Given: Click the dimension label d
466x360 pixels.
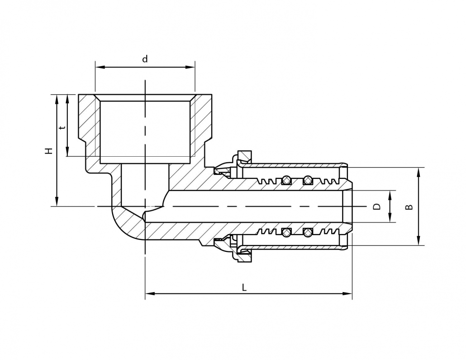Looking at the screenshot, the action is (x=145, y=59).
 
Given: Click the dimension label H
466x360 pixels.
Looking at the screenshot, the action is (x=49, y=150).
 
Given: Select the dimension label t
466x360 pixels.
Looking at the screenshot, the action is (x=62, y=128).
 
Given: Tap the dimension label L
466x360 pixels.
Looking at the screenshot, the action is (x=244, y=288).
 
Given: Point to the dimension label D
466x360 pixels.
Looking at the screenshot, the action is (x=376, y=206).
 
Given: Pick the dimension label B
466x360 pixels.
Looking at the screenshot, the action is (x=409, y=206).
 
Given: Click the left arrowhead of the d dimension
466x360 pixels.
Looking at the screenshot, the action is (x=100, y=67).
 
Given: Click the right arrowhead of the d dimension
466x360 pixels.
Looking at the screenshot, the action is (x=190, y=67).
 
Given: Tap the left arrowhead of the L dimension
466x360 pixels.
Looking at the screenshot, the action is (x=150, y=293).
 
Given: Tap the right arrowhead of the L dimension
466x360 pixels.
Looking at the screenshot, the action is (x=347, y=293).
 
